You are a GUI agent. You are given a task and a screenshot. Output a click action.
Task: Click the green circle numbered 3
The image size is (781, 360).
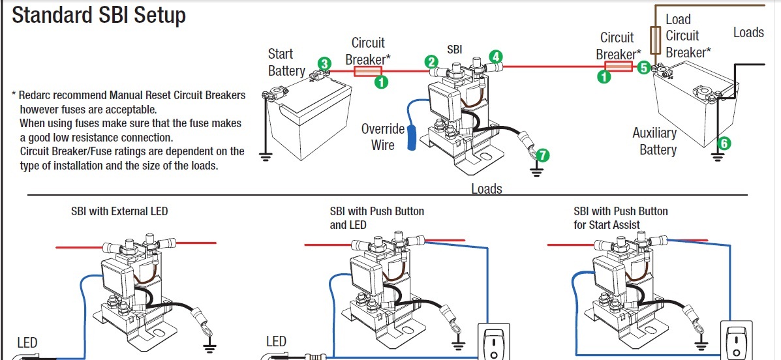tap(324, 63)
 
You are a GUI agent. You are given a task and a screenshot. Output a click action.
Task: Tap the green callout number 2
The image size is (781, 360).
tap(431, 62)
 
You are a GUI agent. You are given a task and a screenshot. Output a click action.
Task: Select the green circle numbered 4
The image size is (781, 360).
tap(496, 57)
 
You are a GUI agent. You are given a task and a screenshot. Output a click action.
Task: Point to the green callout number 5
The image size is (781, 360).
tap(644, 67)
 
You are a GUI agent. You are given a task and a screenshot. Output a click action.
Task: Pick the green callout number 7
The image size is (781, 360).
tap(542, 155)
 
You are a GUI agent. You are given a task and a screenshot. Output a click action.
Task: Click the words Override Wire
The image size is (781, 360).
tap(383, 137)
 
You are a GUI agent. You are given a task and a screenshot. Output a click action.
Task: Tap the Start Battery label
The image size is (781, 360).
tap(286, 62)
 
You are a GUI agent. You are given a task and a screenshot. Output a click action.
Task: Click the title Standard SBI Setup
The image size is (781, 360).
tap(99, 16)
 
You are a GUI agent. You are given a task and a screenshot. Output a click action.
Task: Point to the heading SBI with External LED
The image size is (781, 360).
tap(119, 211)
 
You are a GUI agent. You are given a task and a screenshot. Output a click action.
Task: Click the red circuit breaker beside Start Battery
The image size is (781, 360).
tap(368, 70)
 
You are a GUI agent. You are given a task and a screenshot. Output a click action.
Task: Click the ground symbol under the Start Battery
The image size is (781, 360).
tap(265, 156)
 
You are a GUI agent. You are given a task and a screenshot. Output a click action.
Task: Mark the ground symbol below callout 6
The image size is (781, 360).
tap(717, 157)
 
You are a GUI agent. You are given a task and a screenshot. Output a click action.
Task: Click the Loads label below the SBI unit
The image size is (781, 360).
tap(487, 189)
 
